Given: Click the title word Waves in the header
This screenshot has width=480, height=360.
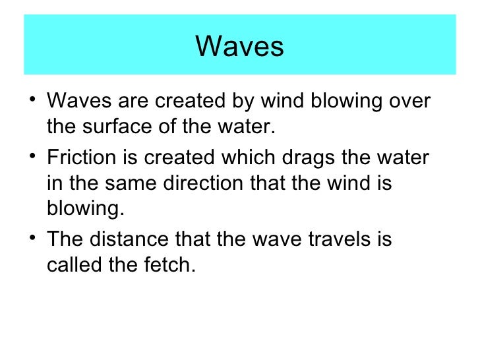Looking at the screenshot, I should (x=239, y=46).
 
